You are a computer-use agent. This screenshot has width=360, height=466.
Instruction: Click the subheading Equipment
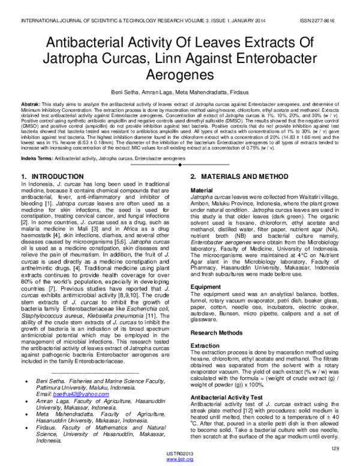(206, 286)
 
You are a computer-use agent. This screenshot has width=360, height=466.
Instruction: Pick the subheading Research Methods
(218, 332)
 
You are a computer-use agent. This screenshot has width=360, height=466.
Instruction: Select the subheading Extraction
(206, 347)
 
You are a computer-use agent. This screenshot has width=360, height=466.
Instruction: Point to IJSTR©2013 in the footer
(179, 455)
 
